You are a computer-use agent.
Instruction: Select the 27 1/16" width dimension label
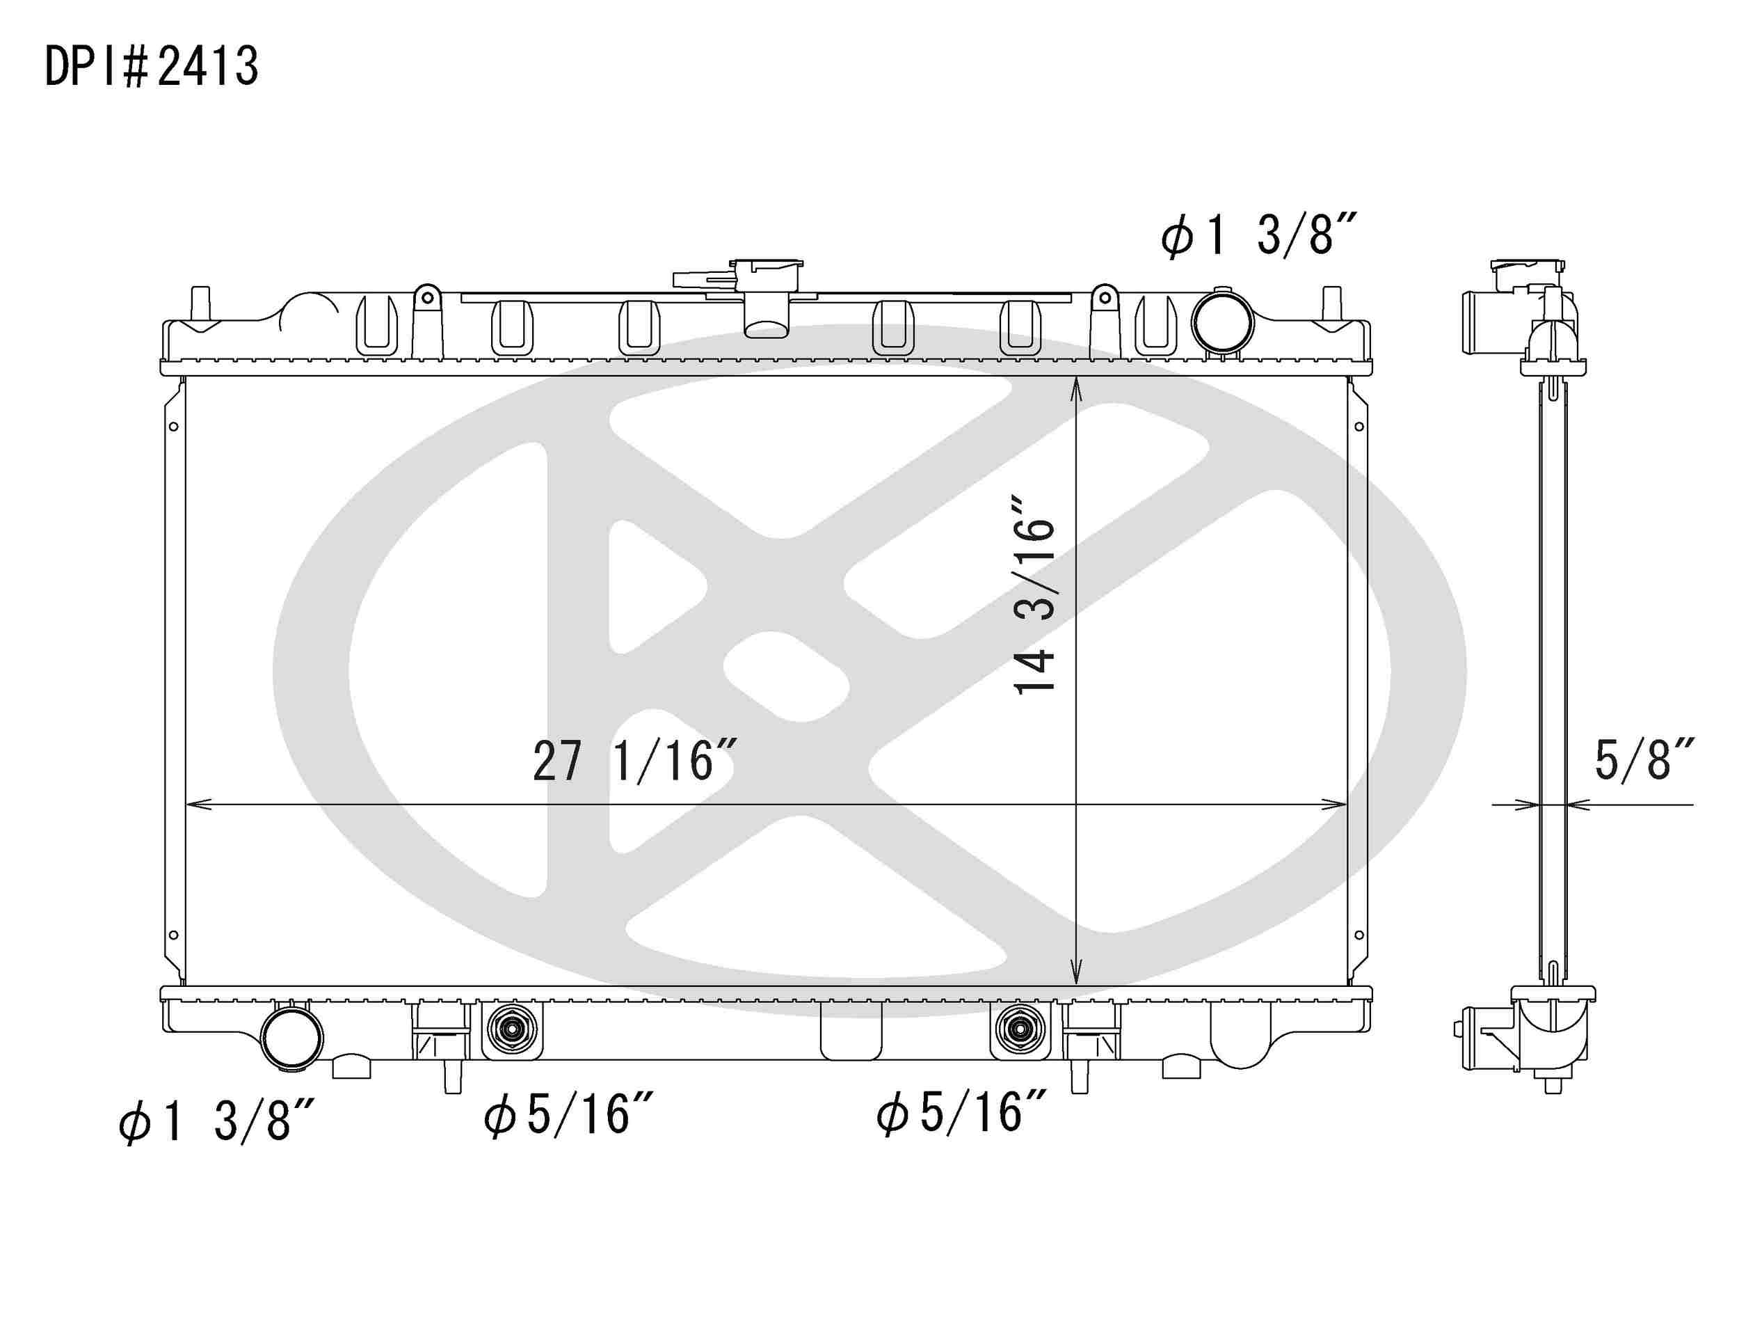pos(633,761)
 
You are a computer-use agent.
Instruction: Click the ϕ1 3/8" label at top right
pos(1258,235)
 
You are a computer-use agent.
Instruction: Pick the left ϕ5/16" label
pos(568,1114)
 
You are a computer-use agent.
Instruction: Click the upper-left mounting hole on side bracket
pos(174,427)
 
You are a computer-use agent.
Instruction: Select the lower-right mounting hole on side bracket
pos(1359,935)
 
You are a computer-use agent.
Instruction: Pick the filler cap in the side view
pos(1528,271)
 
